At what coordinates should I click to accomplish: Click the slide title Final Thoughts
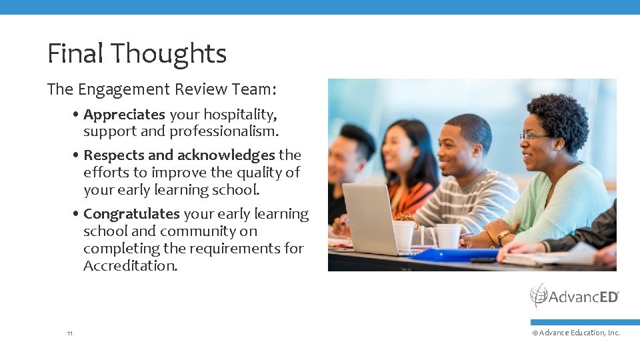coord(137,54)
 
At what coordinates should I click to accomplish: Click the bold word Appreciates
coord(124,115)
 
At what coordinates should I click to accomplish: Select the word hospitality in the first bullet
coord(240,115)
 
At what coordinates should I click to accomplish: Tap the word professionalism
coord(224,131)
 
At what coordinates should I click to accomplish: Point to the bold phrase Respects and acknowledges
coord(179,155)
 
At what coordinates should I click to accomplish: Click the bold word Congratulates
coord(131,214)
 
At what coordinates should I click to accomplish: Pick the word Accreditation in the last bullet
coord(131,266)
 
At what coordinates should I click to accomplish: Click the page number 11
coord(70,333)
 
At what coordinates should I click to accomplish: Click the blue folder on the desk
coord(457,254)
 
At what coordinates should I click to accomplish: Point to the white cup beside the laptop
coord(403,235)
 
